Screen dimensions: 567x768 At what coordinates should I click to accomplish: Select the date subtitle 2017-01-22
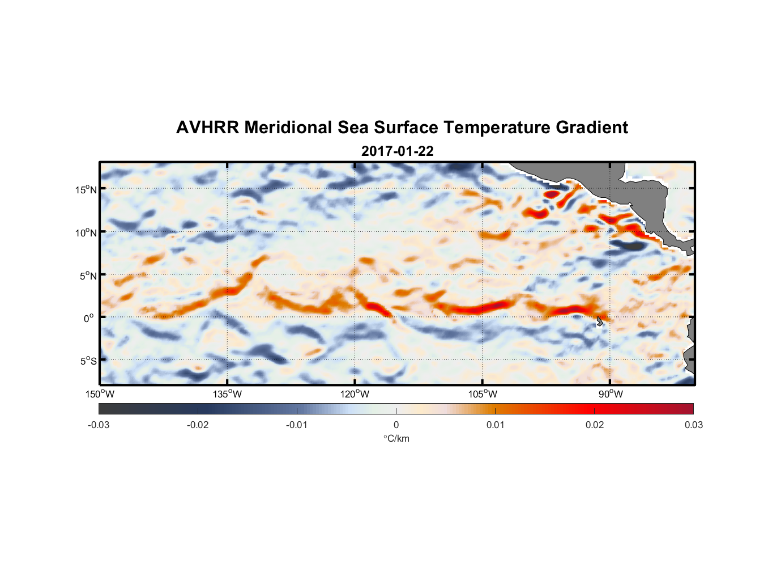pos(397,151)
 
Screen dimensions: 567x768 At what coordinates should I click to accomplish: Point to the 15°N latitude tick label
pos(86,189)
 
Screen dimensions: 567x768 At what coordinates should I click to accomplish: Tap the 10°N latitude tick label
pos(86,232)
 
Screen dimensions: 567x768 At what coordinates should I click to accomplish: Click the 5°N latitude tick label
pos(88,276)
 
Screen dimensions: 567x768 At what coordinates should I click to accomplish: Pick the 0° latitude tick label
pos(89,318)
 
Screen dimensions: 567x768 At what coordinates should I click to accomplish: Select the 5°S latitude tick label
pos(88,361)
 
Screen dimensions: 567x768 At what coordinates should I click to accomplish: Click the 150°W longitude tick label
pos(100,394)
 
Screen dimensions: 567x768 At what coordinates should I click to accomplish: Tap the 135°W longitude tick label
pos(227,394)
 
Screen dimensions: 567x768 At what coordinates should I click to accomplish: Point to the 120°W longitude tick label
pos(355,394)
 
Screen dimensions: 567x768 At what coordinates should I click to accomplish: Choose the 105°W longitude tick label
pos(483,394)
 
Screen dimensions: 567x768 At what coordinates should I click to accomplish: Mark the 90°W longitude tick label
pos(610,394)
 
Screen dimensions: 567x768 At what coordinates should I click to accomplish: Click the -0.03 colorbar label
pos(99,425)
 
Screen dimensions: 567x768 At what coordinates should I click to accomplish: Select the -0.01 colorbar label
pos(297,425)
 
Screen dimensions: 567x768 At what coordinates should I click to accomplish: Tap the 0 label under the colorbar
pos(396,425)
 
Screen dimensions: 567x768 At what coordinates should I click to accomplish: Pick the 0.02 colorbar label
pos(595,425)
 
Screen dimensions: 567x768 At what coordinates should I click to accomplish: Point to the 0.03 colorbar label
pos(693,425)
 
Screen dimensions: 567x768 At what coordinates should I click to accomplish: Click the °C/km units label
pos(396,438)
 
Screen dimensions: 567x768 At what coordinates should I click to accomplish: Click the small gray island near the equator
pos(599,321)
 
